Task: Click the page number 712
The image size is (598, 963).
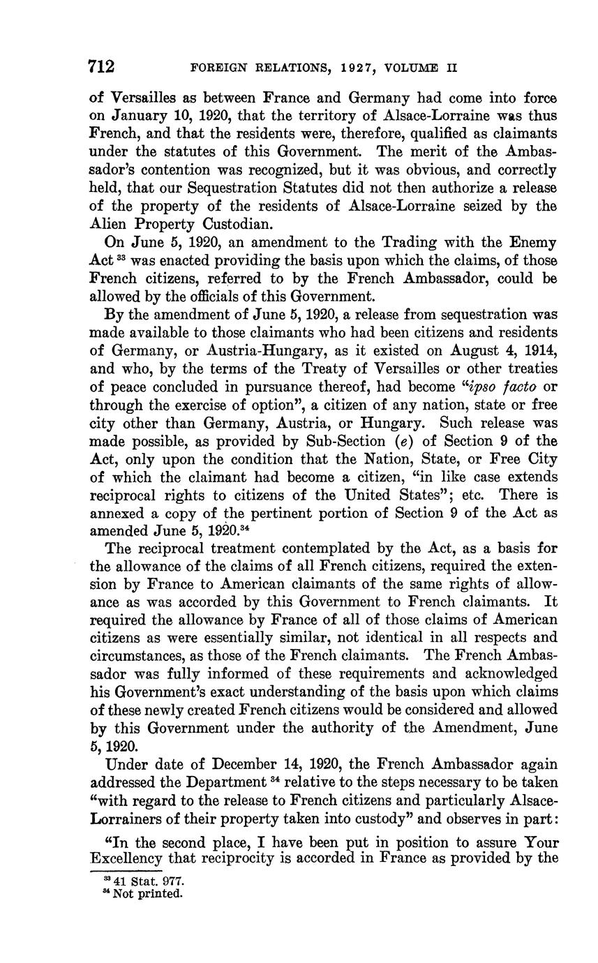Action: tap(101, 67)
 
